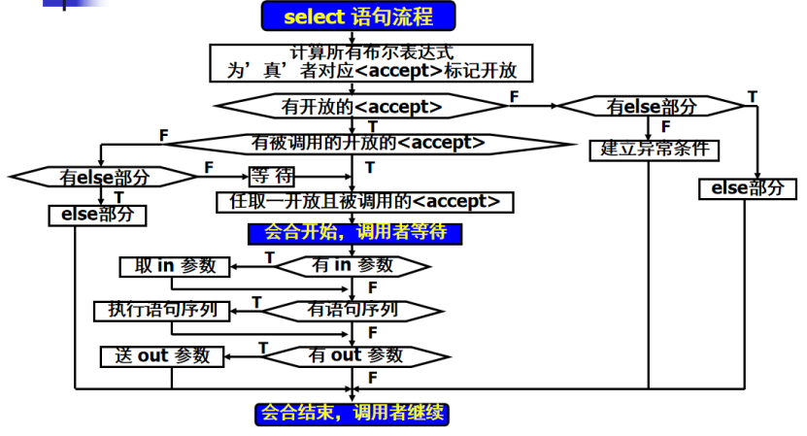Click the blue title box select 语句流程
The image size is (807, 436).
click(357, 17)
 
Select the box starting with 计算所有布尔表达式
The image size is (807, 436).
click(373, 62)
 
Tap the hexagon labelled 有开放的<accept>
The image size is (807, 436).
click(361, 105)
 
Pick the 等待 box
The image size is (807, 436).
click(271, 177)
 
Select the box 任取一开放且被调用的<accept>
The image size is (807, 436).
click(364, 202)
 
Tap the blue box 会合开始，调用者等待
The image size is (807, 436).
click(354, 233)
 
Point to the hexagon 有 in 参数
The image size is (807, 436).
click(352, 265)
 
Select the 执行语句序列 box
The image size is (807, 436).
click(161, 311)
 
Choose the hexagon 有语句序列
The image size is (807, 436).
click(352, 311)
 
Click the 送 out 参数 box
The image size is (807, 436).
click(163, 355)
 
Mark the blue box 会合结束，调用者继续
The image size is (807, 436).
click(353, 413)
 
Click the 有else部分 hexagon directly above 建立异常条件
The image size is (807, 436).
click(651, 106)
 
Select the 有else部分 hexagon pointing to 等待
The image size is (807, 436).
click(104, 178)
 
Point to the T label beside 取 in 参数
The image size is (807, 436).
click(269, 257)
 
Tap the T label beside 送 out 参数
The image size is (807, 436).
click(262, 347)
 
